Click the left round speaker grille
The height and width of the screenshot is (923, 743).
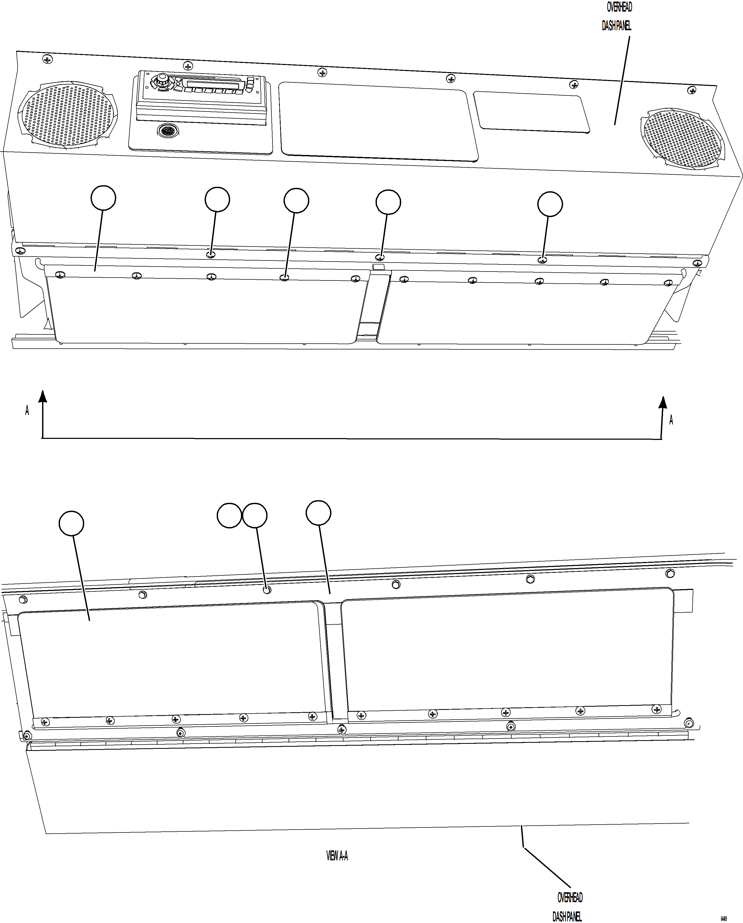pyautogui.click(x=67, y=114)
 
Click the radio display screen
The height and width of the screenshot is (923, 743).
pyautogui.click(x=213, y=84)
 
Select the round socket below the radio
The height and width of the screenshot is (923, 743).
pyautogui.click(x=168, y=130)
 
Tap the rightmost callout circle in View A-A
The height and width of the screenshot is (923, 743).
pyautogui.click(x=319, y=513)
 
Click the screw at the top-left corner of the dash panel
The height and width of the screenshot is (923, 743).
pyautogui.click(x=48, y=59)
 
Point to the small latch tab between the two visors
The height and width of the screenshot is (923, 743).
pyautogui.click(x=379, y=267)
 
